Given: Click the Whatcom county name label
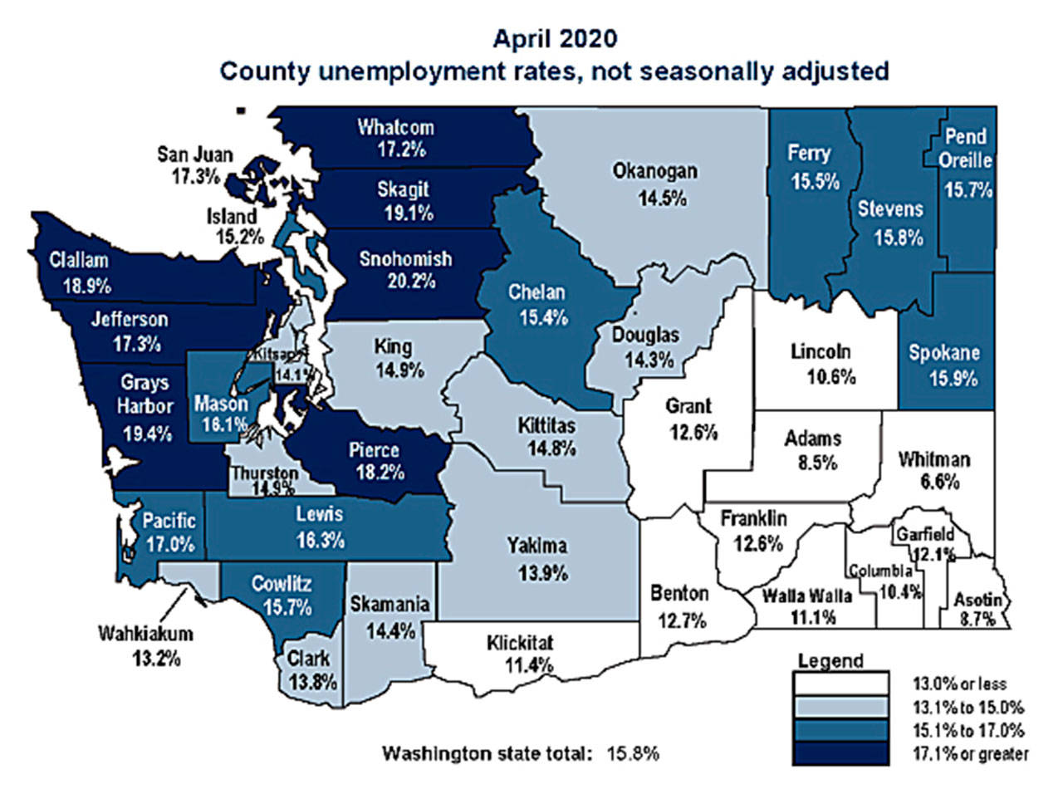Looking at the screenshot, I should pyautogui.click(x=395, y=127).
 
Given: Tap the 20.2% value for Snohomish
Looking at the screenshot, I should pyautogui.click(x=410, y=281).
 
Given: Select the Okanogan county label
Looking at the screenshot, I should pyautogui.click(x=654, y=172).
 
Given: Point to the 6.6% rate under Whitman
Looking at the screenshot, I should pyautogui.click(x=940, y=482).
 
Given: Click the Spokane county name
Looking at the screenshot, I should pyautogui.click(x=943, y=353).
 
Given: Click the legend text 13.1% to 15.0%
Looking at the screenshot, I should pyautogui.click(x=968, y=708).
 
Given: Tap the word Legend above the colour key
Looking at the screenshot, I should pyautogui.click(x=830, y=661).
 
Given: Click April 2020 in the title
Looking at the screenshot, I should pyautogui.click(x=555, y=39).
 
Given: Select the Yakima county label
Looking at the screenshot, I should pyautogui.click(x=537, y=546).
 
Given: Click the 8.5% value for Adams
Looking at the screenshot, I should pyautogui.click(x=817, y=462).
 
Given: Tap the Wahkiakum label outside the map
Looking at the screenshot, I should pyautogui.click(x=145, y=634).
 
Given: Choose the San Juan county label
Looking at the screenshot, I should pyautogui.click(x=195, y=154).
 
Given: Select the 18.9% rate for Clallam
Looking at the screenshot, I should pyautogui.click(x=86, y=285).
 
